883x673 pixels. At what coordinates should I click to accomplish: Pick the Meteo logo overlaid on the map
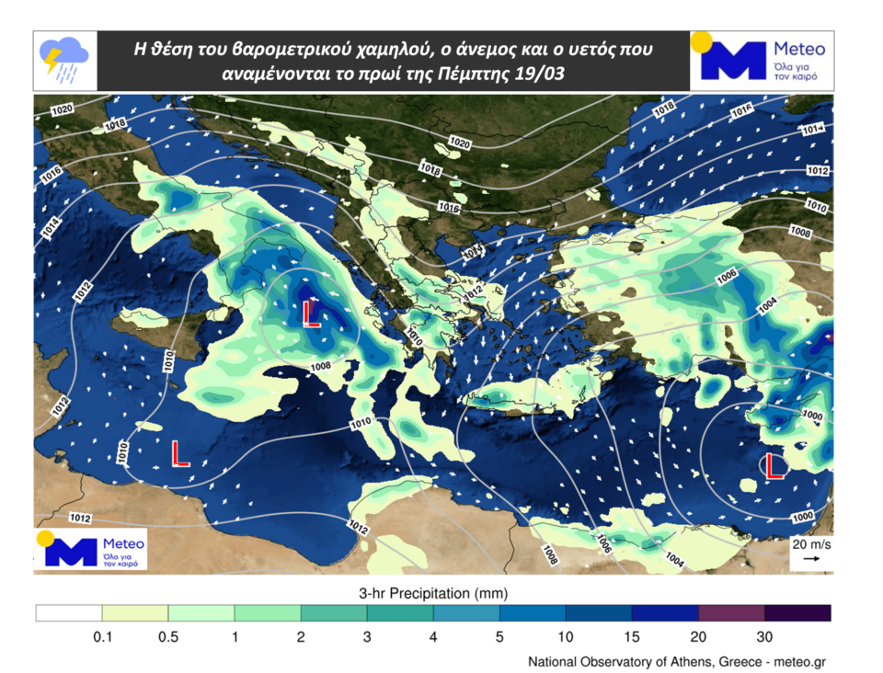pos(90,549)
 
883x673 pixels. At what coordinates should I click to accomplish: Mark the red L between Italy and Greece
pos(311,314)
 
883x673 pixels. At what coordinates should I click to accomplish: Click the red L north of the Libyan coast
pos(180,453)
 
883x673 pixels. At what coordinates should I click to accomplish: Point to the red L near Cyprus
pos(774,467)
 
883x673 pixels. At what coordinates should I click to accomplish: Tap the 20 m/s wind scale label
pos(811,544)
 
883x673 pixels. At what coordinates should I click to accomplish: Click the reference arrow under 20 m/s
pos(812,558)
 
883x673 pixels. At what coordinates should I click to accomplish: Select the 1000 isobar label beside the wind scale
pos(802,518)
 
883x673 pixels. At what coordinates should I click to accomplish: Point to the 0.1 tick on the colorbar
pos(102,636)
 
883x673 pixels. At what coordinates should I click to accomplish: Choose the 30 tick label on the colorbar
pos(764,636)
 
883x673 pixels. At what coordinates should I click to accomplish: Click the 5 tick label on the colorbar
pos(499,636)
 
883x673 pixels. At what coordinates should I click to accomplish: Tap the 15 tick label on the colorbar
pos(632,636)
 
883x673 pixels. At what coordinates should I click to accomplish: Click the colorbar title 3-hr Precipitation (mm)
pos(432,592)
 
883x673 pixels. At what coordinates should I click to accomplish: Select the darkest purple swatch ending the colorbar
pos(797,613)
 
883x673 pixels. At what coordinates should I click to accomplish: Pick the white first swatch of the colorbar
pos(69,613)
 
